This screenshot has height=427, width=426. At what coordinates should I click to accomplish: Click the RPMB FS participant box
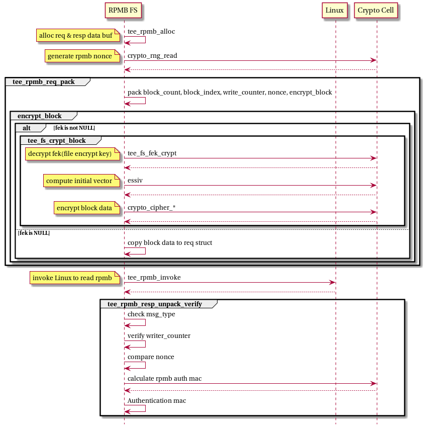[124, 10]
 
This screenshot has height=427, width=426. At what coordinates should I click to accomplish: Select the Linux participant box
[335, 10]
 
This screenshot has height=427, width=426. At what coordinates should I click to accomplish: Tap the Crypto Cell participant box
[376, 10]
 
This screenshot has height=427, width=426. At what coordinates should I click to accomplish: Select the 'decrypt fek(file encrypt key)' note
[72, 153]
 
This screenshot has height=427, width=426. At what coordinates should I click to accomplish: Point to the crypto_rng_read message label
[152, 55]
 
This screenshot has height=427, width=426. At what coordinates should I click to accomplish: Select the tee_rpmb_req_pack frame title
[43, 82]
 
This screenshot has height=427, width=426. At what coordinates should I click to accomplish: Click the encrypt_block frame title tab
[40, 116]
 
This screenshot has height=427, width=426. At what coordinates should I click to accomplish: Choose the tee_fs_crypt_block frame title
[57, 140]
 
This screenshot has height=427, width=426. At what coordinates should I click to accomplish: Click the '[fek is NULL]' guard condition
[34, 233]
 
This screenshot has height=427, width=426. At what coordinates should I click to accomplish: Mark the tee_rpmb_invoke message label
[154, 277]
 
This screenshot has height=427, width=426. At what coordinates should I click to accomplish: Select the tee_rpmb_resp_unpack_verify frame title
[154, 304]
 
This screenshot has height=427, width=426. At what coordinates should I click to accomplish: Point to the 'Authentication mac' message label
[157, 400]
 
